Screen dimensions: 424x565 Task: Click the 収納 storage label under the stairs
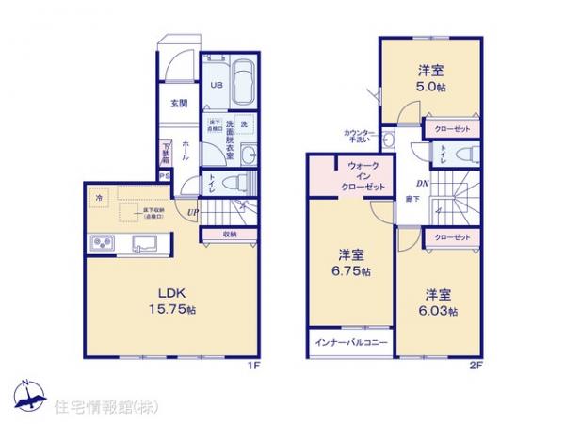click(230, 234)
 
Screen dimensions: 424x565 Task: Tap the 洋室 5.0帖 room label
click(431, 75)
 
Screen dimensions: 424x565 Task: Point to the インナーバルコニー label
click(349, 340)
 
